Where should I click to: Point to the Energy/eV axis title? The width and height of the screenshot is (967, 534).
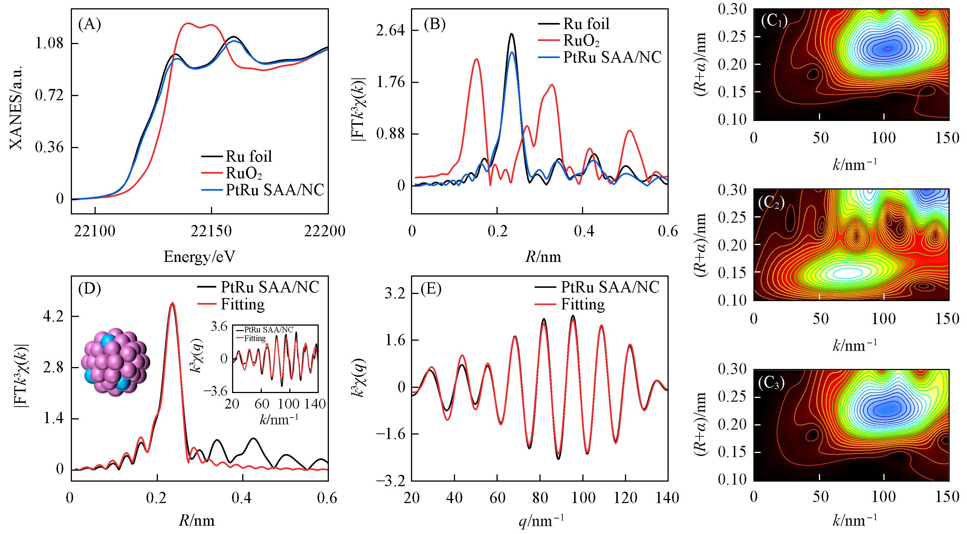click(199, 257)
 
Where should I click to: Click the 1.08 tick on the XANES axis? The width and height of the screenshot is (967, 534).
click(49, 44)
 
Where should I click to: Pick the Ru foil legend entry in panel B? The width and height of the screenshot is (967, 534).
click(586, 24)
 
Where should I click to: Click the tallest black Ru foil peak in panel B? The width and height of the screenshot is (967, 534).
click(511, 34)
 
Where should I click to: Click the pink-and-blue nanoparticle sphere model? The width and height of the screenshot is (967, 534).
click(116, 364)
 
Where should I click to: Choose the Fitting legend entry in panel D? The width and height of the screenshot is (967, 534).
click(243, 304)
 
